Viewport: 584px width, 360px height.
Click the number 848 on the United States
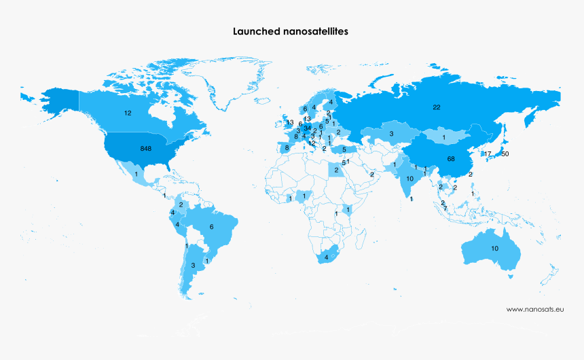point(145,148)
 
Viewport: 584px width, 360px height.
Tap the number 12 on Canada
point(127,112)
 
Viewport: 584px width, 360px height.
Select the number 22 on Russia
point(437,107)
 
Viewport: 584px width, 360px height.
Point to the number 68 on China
point(451,158)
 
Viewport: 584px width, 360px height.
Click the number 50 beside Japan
point(505,154)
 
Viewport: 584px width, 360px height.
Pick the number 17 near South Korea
point(487,154)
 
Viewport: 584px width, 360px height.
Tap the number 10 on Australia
point(494,249)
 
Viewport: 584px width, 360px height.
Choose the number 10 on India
point(409,179)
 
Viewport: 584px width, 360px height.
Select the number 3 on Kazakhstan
point(391,134)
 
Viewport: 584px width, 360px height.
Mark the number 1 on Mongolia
point(443,138)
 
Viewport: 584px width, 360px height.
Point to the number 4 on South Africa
point(327,257)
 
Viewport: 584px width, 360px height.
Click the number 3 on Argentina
point(193,265)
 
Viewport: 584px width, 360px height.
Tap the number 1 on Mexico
point(136,175)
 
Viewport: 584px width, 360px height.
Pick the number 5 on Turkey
point(344,149)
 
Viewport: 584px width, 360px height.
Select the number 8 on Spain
point(287,147)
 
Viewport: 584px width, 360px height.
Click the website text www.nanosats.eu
point(535,309)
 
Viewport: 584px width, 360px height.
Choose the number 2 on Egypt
point(336,170)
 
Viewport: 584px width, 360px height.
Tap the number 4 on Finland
point(331,102)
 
